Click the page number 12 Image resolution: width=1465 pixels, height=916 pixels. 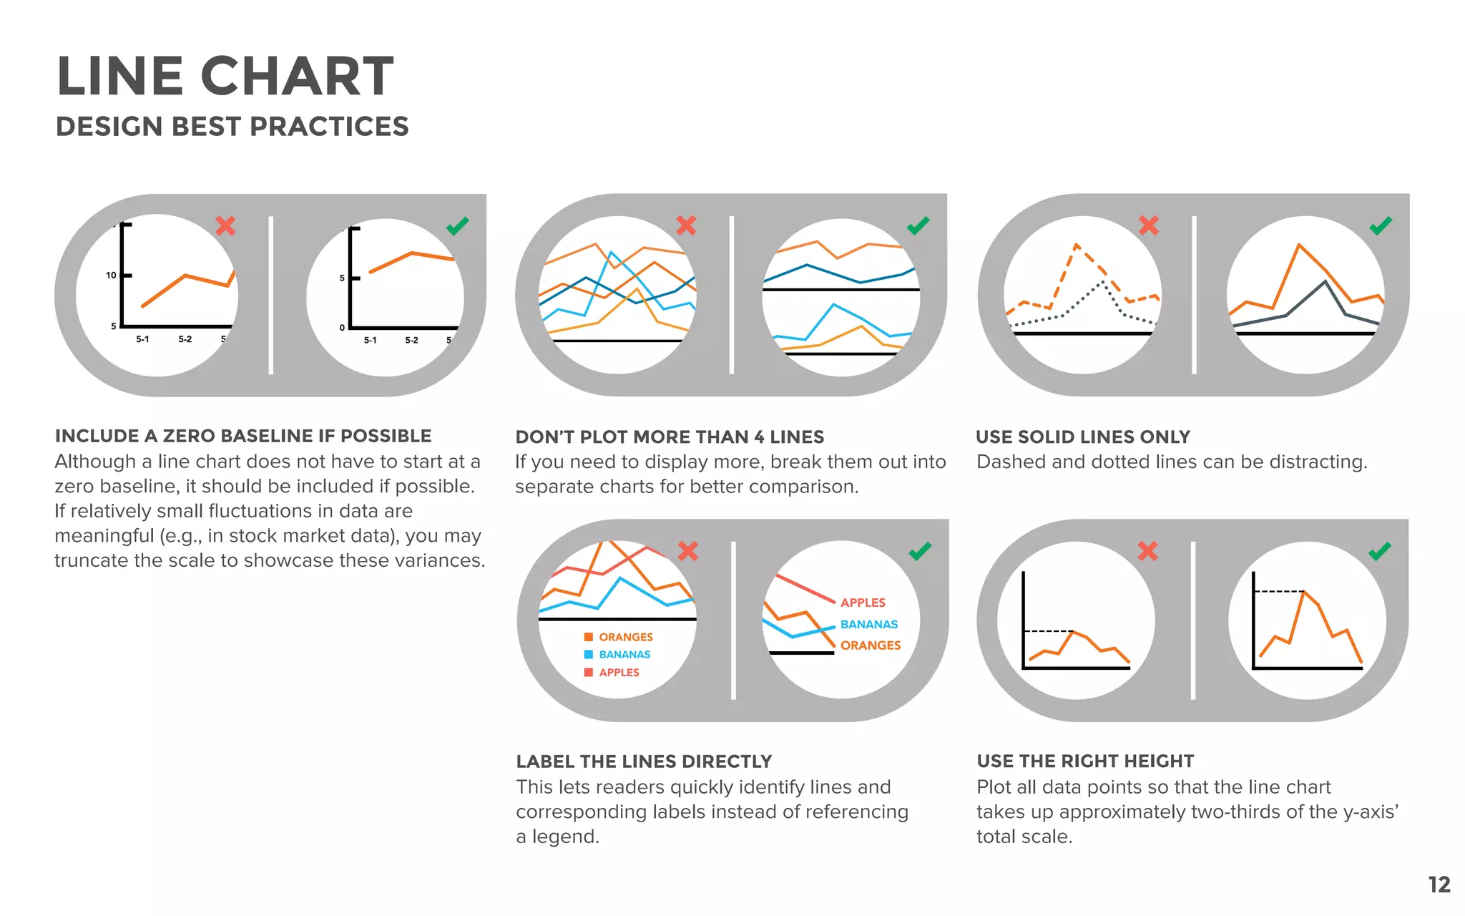pyautogui.click(x=1439, y=885)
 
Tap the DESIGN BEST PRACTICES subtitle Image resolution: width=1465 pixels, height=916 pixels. pyautogui.click(x=232, y=127)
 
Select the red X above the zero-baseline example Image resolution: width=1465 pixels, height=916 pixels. pyautogui.click(x=225, y=226)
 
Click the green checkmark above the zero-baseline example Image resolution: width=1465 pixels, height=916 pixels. pyautogui.click(x=457, y=226)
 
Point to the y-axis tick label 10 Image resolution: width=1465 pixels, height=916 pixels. pyautogui.click(x=111, y=275)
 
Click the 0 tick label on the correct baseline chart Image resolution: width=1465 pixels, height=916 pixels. pyautogui.click(x=342, y=328)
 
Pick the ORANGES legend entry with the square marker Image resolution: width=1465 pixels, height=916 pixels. pyautogui.click(x=619, y=637)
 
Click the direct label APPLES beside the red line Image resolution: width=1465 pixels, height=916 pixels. pyautogui.click(x=863, y=603)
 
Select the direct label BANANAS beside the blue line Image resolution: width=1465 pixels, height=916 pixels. pyautogui.click(x=868, y=624)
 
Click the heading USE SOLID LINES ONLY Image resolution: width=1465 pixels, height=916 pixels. pyautogui.click(x=1083, y=437)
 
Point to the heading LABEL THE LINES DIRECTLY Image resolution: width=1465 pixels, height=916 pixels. pyautogui.click(x=644, y=761)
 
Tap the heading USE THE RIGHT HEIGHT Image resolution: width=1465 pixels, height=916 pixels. pyautogui.click(x=1085, y=761)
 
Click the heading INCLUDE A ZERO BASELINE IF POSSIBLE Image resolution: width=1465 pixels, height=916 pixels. pyautogui.click(x=243, y=436)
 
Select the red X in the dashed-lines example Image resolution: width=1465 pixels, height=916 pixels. pyautogui.click(x=1149, y=225)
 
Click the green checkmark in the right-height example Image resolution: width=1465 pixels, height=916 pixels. pyautogui.click(x=1380, y=551)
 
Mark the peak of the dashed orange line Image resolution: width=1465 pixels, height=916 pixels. pyautogui.click(x=1077, y=245)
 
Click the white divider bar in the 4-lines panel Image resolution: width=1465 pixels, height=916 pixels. pyautogui.click(x=731, y=295)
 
